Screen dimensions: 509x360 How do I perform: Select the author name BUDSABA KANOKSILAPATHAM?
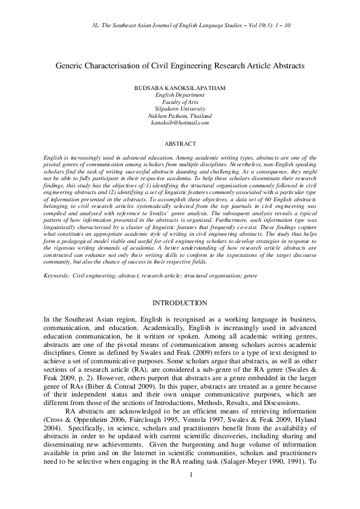pos(180,88)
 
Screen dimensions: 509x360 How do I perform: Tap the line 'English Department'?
pos(180,96)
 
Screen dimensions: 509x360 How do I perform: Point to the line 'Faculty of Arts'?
pos(180,102)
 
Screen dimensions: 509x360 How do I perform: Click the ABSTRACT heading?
pos(180,144)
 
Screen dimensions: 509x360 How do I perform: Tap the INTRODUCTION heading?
pos(180,303)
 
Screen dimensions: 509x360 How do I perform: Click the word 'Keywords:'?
pos(56,276)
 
